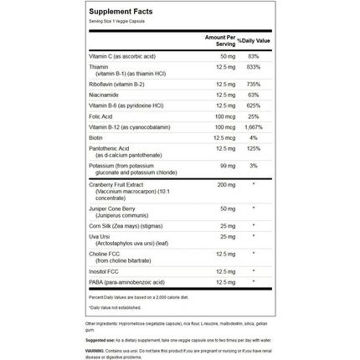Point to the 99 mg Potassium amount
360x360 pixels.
[x=220, y=178]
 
